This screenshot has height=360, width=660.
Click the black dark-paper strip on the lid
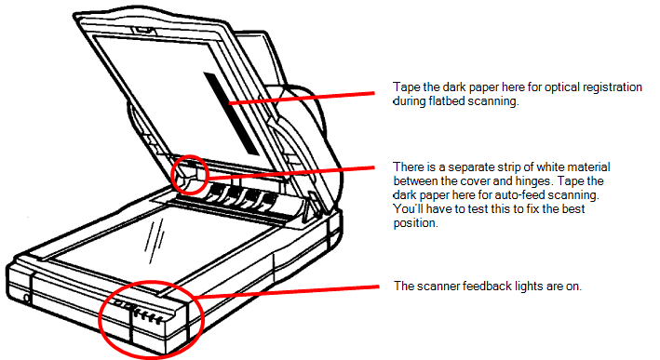(236, 112)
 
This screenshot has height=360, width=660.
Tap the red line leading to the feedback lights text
(289, 291)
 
